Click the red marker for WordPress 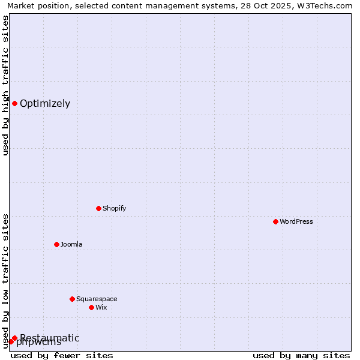[275, 221]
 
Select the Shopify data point [98, 208]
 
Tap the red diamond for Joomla [56, 244]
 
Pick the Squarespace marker [72, 299]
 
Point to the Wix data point [91, 307]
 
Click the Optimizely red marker [14, 103]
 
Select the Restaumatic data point [14, 338]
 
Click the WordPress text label [296, 221]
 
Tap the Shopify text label [114, 208]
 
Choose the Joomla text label [71, 244]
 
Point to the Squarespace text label [97, 299]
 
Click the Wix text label [101, 307]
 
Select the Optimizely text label [45, 103]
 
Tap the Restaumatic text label [50, 338]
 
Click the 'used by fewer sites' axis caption [62, 355]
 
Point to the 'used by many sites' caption [301, 355]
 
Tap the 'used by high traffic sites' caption [5, 85]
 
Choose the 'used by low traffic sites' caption [5, 281]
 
